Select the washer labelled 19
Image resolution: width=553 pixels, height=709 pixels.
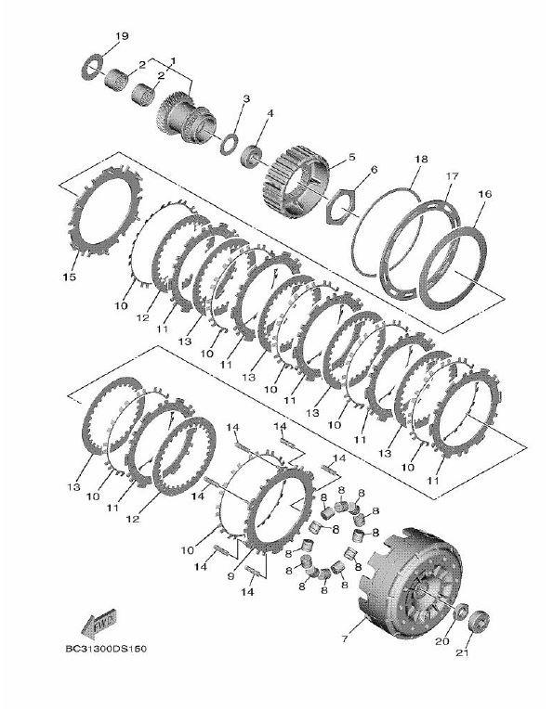point(96,64)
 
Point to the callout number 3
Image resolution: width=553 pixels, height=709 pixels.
point(245,99)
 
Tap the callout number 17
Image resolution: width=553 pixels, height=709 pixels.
point(452,175)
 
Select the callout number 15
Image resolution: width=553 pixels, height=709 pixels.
point(70,277)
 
